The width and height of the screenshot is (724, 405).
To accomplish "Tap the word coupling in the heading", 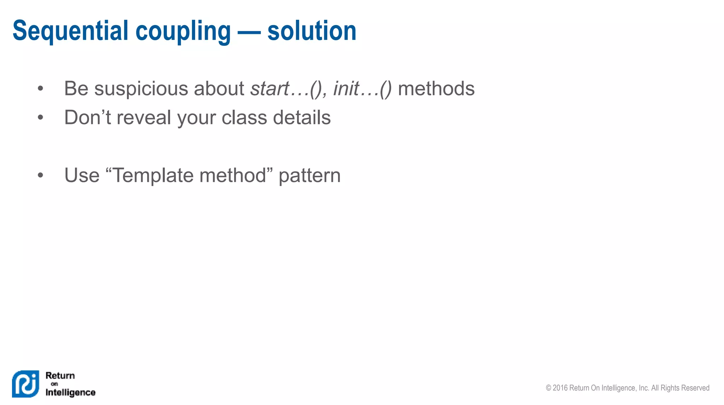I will tap(183, 32).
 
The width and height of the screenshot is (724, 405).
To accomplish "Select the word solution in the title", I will tap(312, 31).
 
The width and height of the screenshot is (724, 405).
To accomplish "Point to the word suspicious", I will tap(141, 88).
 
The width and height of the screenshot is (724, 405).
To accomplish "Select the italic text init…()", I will tap(362, 88).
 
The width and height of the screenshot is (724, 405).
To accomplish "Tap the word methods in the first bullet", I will tap(436, 88).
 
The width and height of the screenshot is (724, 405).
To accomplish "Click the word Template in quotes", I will tap(153, 175).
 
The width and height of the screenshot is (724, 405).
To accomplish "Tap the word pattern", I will tap(309, 176).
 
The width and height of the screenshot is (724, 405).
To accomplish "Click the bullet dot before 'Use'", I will tap(40, 175).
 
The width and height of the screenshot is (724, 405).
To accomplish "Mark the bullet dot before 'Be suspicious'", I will tap(40, 88).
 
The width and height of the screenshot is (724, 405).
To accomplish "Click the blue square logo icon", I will tap(25, 384).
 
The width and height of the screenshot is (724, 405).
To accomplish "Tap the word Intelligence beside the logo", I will tap(70, 392).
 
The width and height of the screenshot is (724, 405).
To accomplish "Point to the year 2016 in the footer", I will tap(560, 388).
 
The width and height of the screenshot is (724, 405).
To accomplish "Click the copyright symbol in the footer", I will tap(548, 388).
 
